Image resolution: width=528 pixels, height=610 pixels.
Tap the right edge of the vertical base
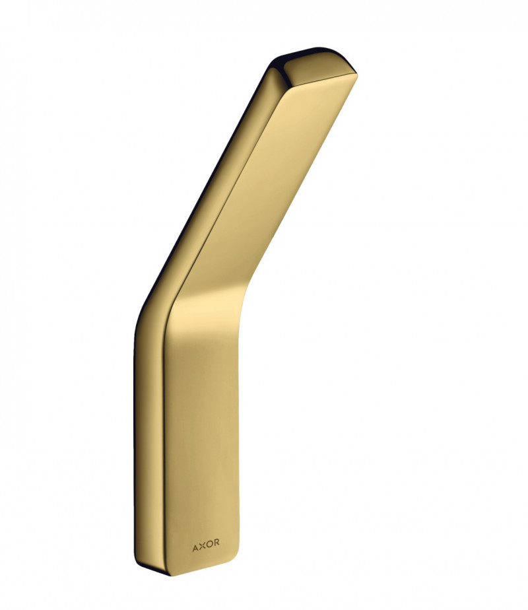pos(238,429)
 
